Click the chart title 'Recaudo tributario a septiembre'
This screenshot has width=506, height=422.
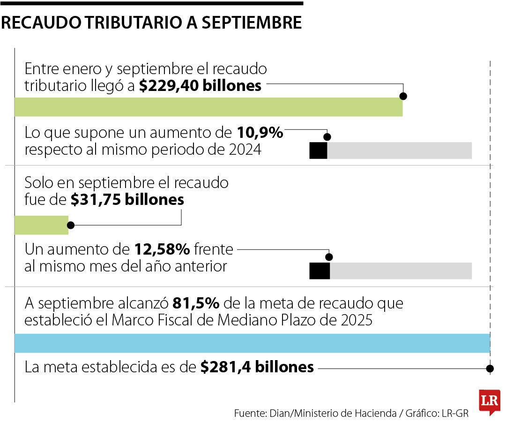coord(151,23)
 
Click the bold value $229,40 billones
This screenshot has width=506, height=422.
coord(200,86)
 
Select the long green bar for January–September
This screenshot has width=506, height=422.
coord(208,107)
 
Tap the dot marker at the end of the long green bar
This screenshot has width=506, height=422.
coord(403,96)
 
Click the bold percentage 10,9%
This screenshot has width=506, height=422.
coord(260,133)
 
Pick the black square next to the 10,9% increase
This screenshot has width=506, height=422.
coord(318,150)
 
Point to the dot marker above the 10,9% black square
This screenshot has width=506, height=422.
coord(327,137)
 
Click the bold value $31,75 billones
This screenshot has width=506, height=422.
coord(127,200)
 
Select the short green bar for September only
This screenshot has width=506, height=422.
coord(41,225)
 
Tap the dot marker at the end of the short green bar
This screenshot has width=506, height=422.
coord(69,225)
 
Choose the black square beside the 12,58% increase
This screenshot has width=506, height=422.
coord(320,271)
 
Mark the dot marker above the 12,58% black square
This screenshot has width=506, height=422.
coord(329,257)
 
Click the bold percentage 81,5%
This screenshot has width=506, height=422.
coord(196,303)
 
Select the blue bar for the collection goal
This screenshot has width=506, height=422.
coord(252,343)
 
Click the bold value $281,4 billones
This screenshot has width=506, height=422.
coord(257,367)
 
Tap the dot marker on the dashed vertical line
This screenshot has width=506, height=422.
coord(490,369)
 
